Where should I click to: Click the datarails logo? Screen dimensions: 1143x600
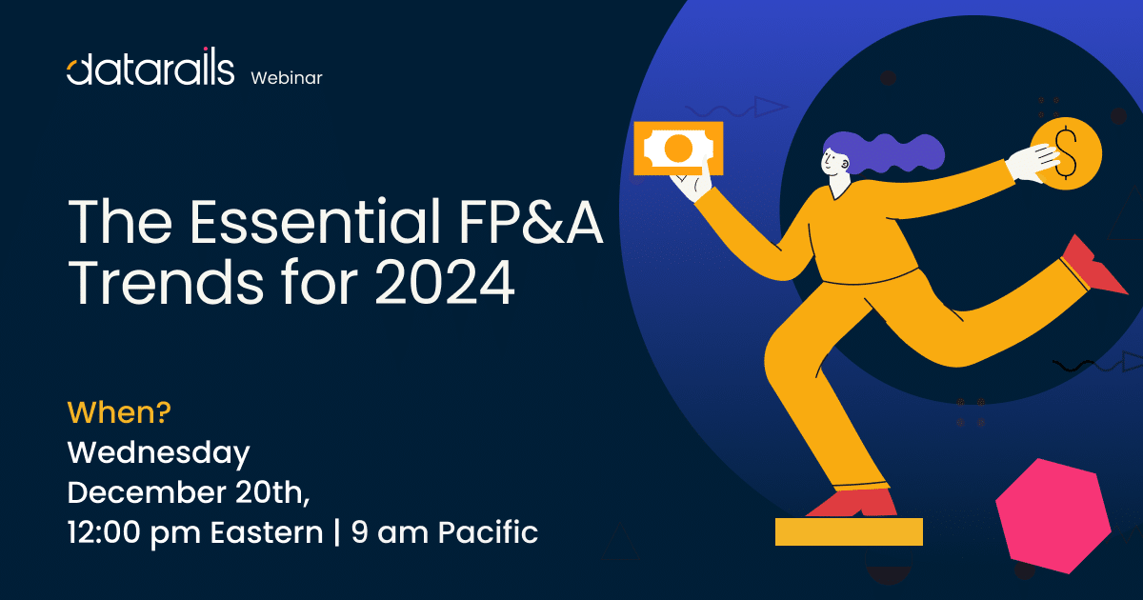click(150, 67)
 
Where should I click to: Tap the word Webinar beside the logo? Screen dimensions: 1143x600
click(287, 78)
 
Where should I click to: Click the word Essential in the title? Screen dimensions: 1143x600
click(315, 222)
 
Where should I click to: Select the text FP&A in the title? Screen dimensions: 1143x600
click(531, 222)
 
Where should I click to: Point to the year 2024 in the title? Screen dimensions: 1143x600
click(445, 282)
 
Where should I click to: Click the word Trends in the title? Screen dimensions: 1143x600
click(166, 282)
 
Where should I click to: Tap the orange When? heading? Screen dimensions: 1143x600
click(119, 412)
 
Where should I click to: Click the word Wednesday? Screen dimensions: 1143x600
click(159, 453)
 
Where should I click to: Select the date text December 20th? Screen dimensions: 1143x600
click(189, 492)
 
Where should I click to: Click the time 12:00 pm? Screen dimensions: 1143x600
click(133, 533)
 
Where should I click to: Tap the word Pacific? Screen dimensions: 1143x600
click(489, 532)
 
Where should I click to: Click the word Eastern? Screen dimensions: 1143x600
click(267, 532)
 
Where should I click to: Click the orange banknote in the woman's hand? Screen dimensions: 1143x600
click(678, 148)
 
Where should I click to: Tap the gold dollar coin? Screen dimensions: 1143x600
click(1067, 153)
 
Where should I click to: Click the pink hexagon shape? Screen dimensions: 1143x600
click(1053, 515)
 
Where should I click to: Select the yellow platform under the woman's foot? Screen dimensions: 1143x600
click(849, 531)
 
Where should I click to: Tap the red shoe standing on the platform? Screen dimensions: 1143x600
click(853, 503)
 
